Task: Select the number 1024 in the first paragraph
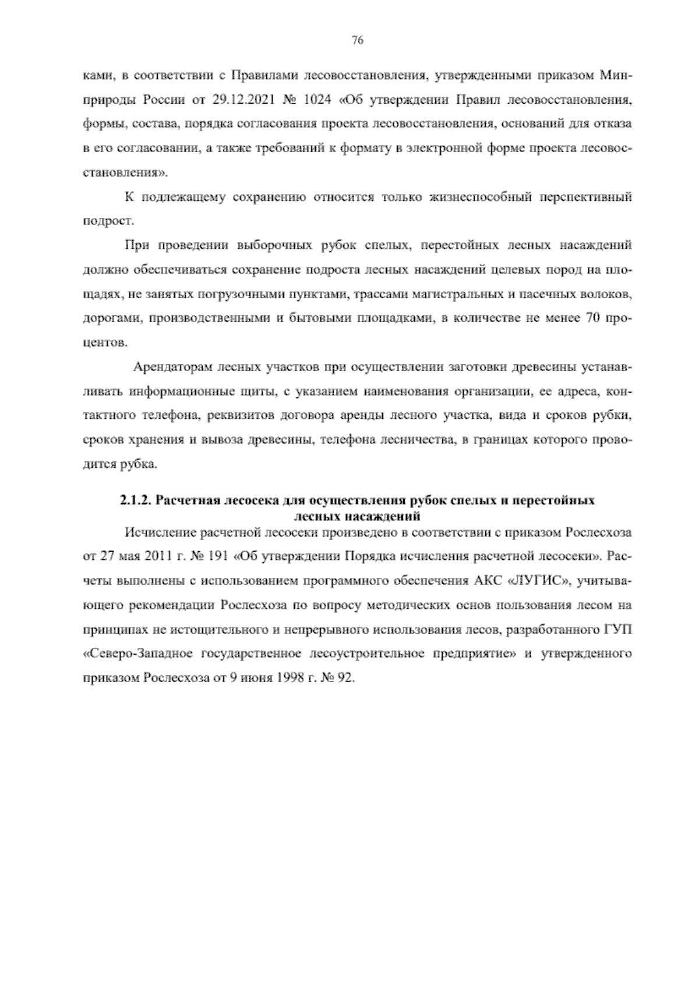[x=317, y=100]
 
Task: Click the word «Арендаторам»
[x=172, y=368]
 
